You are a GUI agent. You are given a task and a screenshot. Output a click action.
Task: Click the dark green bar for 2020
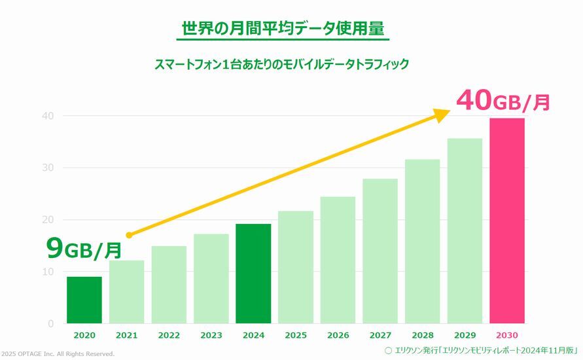coord(84,300)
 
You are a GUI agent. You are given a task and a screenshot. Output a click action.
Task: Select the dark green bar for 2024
coord(253,274)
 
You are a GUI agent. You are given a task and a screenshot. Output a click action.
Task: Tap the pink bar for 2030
coord(506,221)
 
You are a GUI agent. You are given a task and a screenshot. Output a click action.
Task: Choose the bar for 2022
coord(169,284)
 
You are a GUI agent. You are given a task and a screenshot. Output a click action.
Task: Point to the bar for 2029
coord(465,230)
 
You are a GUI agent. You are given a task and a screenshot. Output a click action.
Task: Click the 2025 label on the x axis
coord(295,335)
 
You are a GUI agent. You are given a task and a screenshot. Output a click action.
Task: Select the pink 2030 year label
coord(506,335)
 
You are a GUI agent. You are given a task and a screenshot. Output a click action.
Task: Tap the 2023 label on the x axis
coord(211,335)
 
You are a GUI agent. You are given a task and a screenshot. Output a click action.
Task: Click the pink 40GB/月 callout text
coord(503,101)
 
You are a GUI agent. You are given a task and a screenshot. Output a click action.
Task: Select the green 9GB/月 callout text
coord(84,249)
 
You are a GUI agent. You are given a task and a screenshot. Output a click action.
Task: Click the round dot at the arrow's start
coord(129,235)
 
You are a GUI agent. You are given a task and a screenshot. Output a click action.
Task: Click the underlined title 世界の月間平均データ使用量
coord(282,29)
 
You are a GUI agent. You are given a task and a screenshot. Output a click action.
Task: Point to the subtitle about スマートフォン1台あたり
coord(282,64)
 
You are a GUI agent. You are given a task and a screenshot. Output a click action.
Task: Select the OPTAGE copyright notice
coord(58,354)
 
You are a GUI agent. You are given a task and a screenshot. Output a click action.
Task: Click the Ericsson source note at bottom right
coord(482,350)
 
